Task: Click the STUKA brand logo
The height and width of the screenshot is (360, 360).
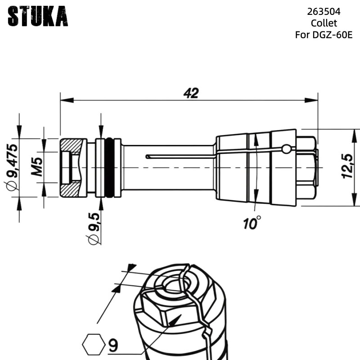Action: coord(38,17)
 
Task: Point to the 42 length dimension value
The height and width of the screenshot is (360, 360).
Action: coord(191,93)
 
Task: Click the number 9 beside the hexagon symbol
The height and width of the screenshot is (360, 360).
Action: coord(113,345)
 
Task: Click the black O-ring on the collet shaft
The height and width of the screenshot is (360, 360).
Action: coord(109,167)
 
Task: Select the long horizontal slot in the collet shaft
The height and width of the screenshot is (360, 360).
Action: coord(180,157)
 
